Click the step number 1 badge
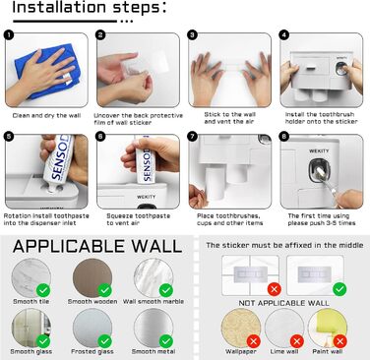tap(9, 34)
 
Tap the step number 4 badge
tap(284, 34)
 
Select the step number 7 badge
tap(193, 136)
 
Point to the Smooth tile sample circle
tap(31, 278)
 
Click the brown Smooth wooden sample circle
tap(92, 278)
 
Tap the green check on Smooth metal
tap(166, 341)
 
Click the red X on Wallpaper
tap(254, 341)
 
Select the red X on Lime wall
tap(297, 341)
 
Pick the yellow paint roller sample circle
tap(328, 329)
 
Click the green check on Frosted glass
tap(104, 341)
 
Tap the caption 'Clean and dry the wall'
tap(46, 115)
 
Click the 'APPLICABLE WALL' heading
tap(97, 246)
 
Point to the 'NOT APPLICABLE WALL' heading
tap(284, 303)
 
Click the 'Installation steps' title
tap(90, 8)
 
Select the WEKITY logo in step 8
tap(319, 150)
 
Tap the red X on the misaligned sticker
tap(275, 289)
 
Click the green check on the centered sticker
tap(339, 289)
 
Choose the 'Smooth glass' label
tap(31, 352)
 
